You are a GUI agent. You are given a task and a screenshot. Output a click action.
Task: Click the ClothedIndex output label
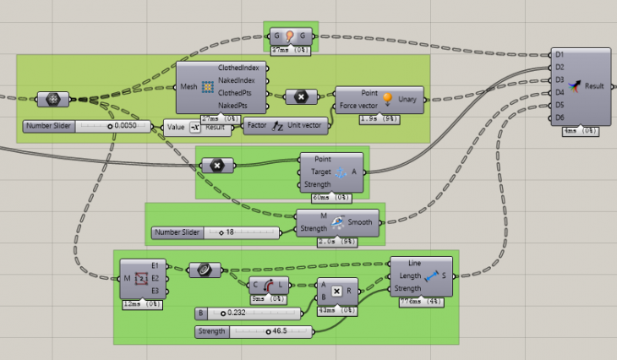coord(242,67)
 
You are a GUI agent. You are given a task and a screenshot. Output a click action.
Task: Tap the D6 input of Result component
coord(560,117)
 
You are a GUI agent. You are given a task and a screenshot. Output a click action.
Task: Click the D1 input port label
coord(560,54)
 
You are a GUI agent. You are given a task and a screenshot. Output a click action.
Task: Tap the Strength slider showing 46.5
coord(253,331)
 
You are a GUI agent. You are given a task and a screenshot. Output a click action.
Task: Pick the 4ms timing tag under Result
coord(582,131)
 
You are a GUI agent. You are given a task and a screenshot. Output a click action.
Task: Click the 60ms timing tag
coord(332,197)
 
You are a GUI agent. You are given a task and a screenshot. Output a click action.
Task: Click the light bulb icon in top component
coord(290,35)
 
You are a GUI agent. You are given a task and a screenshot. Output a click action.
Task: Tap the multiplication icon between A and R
coord(336,291)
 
